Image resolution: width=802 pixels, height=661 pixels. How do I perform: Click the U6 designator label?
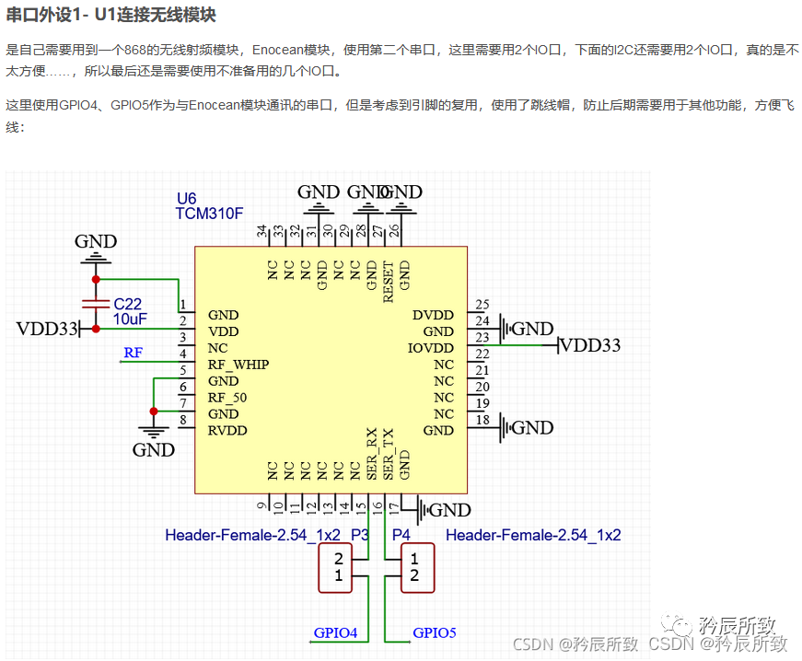pyautogui.click(x=186, y=199)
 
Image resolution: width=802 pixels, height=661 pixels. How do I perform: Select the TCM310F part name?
pyautogui.click(x=209, y=214)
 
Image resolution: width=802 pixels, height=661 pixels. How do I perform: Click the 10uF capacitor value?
pyautogui.click(x=130, y=319)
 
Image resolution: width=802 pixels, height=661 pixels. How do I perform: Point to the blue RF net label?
pyautogui.click(x=134, y=352)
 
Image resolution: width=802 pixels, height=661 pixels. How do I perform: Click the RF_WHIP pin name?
pyautogui.click(x=238, y=365)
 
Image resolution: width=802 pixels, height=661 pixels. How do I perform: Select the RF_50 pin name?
pyautogui.click(x=227, y=398)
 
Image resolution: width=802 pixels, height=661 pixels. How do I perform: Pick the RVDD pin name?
pyautogui.click(x=227, y=431)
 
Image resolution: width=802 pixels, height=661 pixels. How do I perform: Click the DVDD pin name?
pyautogui.click(x=433, y=315)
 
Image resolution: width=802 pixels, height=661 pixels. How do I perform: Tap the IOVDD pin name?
pyautogui.click(x=431, y=348)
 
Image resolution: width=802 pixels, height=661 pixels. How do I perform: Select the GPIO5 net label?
pyautogui.click(x=435, y=632)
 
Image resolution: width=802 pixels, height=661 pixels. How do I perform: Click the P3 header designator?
pyautogui.click(x=359, y=535)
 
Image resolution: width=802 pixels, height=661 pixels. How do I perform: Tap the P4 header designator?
pyautogui.click(x=401, y=535)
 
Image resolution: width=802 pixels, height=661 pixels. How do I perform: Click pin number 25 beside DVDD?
pyautogui.click(x=482, y=305)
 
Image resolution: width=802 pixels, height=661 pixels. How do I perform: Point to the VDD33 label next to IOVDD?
pyautogui.click(x=590, y=345)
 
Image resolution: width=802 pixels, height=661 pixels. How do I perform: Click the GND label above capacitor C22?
pyautogui.click(x=96, y=242)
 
